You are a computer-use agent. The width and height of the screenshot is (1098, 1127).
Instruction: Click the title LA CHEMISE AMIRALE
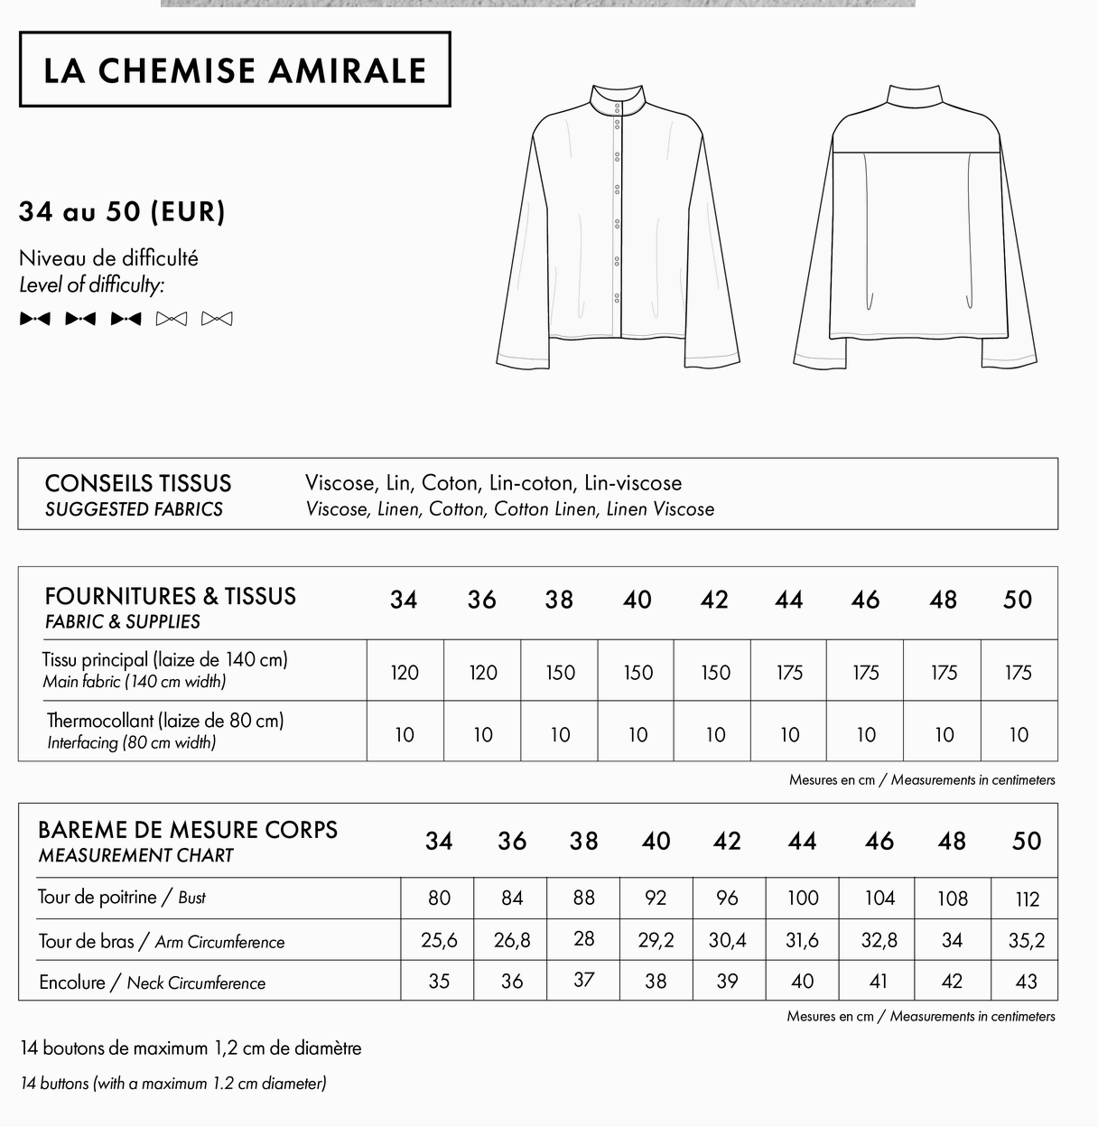pos(235,70)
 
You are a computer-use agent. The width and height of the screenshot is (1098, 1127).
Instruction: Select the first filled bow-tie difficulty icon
pos(35,319)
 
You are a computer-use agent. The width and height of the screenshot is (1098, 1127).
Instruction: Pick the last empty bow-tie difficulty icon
pos(217,319)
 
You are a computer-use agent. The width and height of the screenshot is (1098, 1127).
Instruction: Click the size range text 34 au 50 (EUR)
pos(122,212)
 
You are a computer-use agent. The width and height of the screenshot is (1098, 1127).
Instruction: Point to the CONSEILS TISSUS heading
pos(138,483)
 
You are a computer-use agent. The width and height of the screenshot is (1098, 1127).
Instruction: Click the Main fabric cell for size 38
pos(560,673)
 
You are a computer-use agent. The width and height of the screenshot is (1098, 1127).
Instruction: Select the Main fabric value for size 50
pos(1019,673)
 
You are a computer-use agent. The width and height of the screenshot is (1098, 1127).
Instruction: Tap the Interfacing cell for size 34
pos(405,735)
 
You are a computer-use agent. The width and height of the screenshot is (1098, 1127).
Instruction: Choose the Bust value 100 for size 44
pos(802,899)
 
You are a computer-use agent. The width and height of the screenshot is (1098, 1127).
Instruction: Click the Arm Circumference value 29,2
pos(656,941)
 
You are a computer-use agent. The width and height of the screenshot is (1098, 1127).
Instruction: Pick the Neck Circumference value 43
pos(1026,982)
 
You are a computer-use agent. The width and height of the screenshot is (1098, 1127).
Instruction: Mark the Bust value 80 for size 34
pos(439,899)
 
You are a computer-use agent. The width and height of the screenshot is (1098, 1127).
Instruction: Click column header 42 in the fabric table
pos(714,601)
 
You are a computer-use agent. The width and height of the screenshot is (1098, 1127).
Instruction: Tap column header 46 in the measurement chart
pos(879,842)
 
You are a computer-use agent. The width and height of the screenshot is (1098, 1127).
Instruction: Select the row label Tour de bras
pos(86,941)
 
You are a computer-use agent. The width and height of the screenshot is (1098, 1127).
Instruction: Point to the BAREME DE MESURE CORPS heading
pos(188,830)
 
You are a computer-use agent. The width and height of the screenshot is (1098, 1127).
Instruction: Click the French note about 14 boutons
pos(191,1048)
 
